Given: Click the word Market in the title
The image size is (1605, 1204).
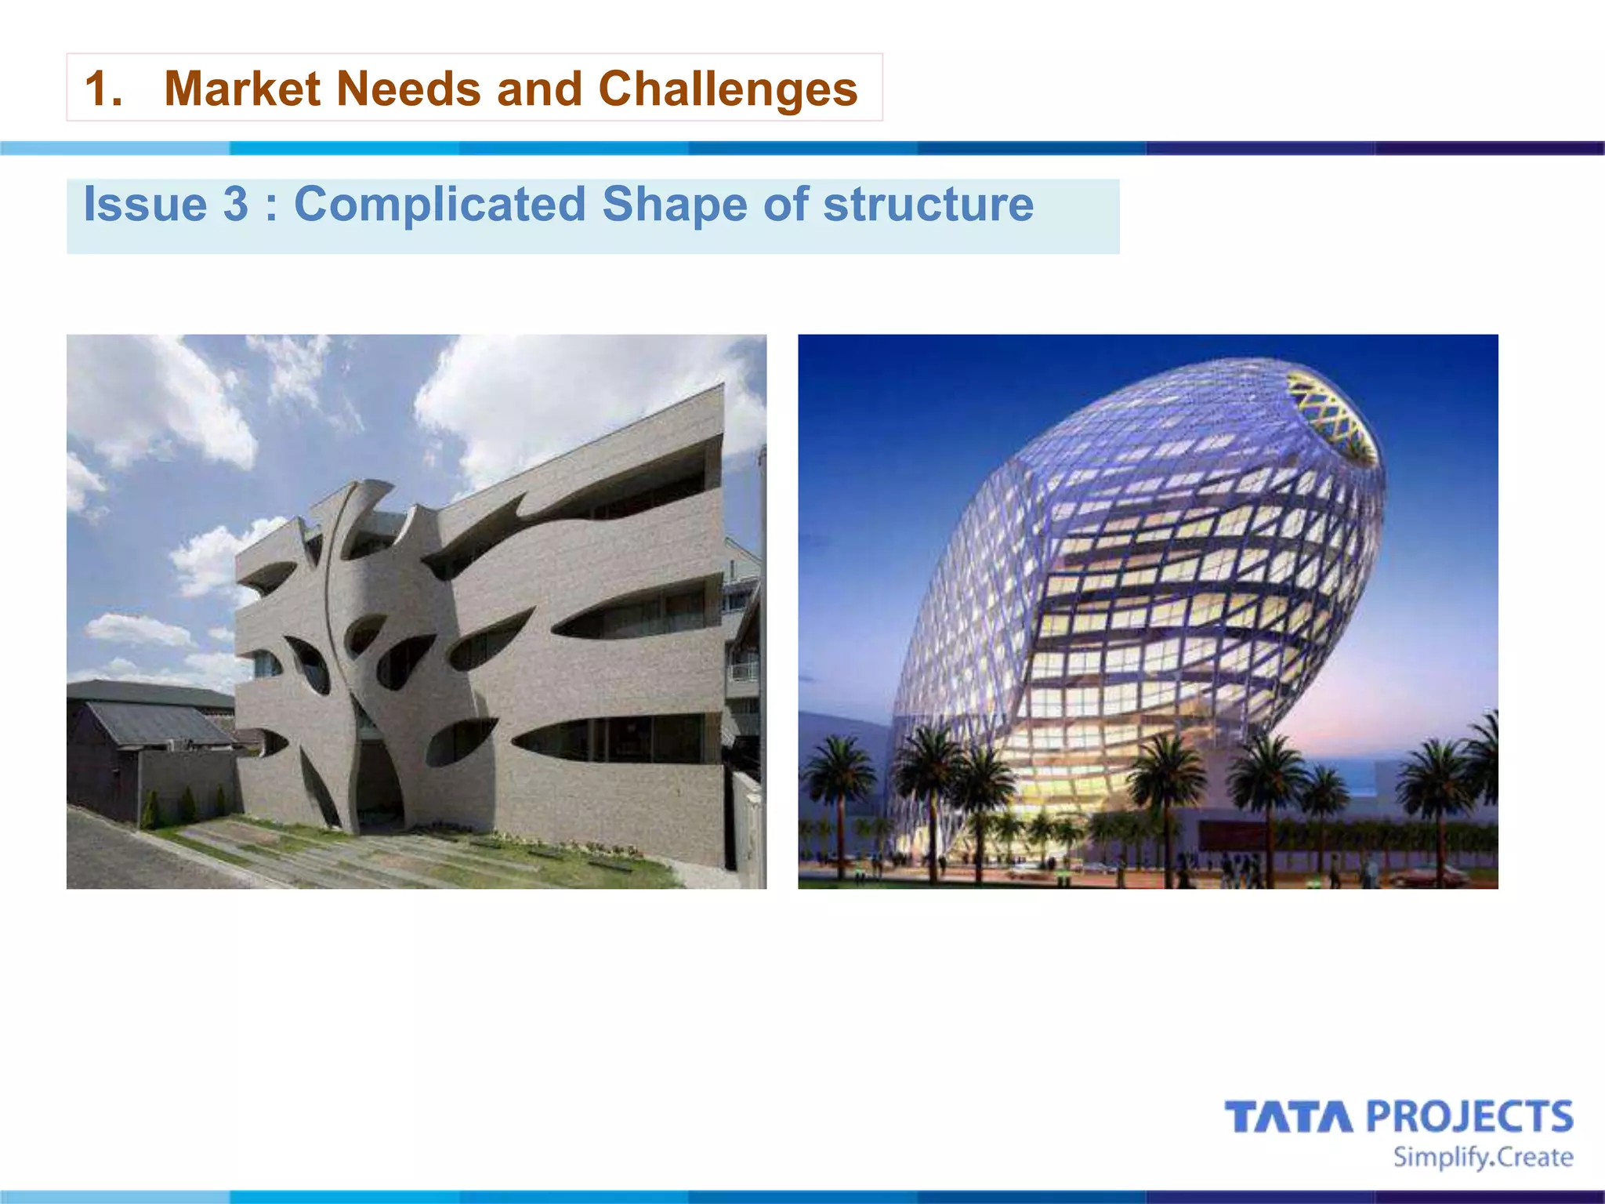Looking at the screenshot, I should click(242, 89).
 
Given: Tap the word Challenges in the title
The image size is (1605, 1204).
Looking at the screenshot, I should click(728, 89).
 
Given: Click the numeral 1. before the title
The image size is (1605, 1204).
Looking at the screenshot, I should click(103, 89).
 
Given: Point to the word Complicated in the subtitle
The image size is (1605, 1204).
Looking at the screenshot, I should click(440, 205).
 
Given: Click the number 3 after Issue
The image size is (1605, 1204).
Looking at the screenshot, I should click(235, 205).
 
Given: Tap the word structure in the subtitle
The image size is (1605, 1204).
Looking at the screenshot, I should click(928, 205).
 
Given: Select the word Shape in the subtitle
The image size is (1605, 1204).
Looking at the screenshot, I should click(674, 205).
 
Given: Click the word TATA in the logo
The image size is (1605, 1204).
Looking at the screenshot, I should click(1288, 1117).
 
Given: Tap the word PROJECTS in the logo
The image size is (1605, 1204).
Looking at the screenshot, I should click(1470, 1117).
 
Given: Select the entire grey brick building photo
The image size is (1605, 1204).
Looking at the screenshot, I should click(416, 611).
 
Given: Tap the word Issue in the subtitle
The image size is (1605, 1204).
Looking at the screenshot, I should click(145, 205).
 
